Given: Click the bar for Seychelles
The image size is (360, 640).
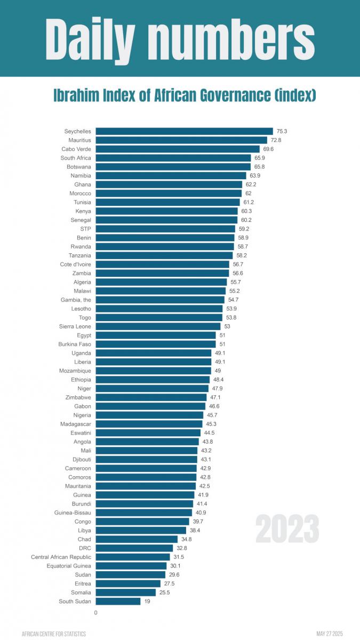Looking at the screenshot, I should [184, 131].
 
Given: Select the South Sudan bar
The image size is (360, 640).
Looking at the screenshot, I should [118, 601].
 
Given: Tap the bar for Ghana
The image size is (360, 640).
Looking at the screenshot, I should [169, 185].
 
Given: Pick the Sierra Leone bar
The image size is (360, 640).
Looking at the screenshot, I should [158, 326].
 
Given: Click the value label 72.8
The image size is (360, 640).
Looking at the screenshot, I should [276, 140].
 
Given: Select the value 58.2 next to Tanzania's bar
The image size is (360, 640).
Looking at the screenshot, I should [242, 255].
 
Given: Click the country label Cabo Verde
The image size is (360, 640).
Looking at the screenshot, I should [76, 149].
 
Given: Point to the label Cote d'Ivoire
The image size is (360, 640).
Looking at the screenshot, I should [75, 264].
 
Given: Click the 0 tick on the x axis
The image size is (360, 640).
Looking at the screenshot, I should [96, 613].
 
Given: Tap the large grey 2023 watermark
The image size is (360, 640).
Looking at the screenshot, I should [287, 529].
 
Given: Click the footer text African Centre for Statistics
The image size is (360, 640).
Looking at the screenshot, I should [54, 634].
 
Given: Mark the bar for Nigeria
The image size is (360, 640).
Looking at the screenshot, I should [149, 415].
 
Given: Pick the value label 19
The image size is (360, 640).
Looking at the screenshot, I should [147, 601].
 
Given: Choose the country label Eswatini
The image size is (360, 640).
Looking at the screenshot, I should [81, 433].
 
